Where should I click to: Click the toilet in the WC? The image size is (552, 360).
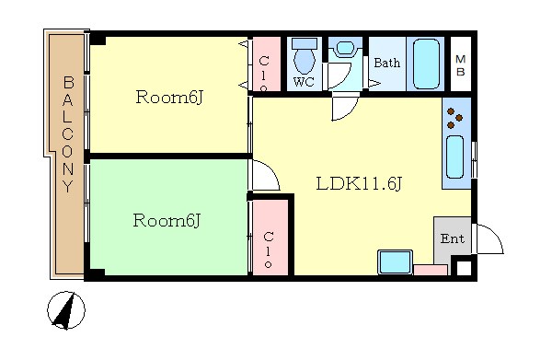[x=305, y=55]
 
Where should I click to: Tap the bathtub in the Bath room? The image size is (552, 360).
[x=426, y=64]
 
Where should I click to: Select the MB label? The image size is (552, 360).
[x=461, y=65]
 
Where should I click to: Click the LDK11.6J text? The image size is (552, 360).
[x=359, y=184]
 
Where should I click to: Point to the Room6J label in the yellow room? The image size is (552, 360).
[x=169, y=98]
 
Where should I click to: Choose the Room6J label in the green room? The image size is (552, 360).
[x=167, y=221]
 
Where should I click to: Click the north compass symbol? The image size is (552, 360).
[x=66, y=310]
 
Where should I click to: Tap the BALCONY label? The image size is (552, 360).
[x=68, y=134]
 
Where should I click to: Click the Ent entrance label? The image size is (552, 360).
[x=453, y=238]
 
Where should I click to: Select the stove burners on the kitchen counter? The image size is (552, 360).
[x=454, y=118]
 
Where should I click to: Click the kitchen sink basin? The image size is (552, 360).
[x=454, y=157]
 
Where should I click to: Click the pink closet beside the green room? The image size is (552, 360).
[x=270, y=238]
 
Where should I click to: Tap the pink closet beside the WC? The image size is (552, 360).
[x=267, y=64]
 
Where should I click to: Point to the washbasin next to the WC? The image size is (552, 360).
[x=346, y=50]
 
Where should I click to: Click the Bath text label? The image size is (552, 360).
[x=387, y=63]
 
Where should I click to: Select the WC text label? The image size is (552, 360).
[x=304, y=83]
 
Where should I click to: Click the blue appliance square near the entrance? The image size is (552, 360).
[x=395, y=262]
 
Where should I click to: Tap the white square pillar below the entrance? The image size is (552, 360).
[x=464, y=268]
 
